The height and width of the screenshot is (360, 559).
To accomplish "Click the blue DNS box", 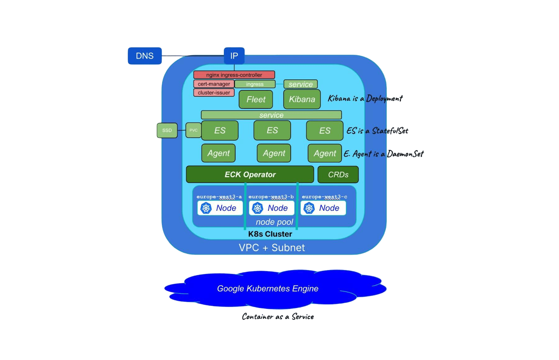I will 145,56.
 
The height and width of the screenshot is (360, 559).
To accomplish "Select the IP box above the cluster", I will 234,56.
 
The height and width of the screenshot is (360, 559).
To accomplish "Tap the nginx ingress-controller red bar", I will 234,75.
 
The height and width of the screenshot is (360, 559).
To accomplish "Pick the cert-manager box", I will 214,84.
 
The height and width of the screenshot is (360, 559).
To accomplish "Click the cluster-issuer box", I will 214,92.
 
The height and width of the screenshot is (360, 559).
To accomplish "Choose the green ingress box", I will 255,84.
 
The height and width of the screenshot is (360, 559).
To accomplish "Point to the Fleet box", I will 256,99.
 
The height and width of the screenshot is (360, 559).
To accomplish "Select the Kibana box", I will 302,99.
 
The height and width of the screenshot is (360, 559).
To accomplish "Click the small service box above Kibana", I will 301,84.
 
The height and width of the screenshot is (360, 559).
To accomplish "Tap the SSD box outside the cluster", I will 167,130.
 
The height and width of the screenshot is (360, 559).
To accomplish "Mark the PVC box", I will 193,130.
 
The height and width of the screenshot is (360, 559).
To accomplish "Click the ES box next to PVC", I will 220,131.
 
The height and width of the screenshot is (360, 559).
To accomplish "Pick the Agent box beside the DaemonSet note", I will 325,153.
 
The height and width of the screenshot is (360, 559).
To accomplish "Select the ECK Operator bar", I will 250,174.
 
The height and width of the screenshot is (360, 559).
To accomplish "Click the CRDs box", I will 338,174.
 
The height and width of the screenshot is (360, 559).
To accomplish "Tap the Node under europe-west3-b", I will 272,208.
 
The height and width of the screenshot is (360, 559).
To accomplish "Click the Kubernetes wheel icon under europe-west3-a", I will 206,208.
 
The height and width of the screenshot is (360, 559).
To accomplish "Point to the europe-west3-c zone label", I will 325,197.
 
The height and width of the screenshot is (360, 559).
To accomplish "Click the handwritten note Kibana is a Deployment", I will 365,99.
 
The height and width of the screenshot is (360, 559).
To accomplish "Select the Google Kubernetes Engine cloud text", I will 268,289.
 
